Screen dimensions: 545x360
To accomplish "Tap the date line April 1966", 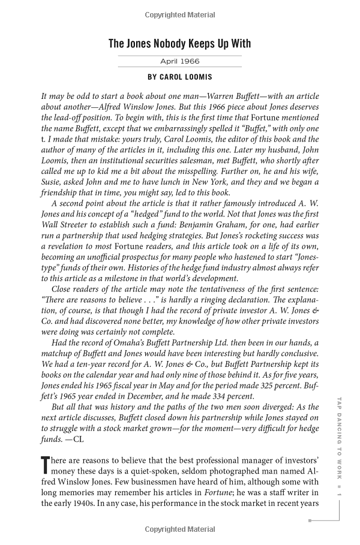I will coord(179,61).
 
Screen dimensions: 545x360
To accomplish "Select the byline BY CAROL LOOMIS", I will coord(179,77).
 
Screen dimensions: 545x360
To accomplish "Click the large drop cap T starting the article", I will coord(45,465).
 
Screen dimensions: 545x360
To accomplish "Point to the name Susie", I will coord(54,182).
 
